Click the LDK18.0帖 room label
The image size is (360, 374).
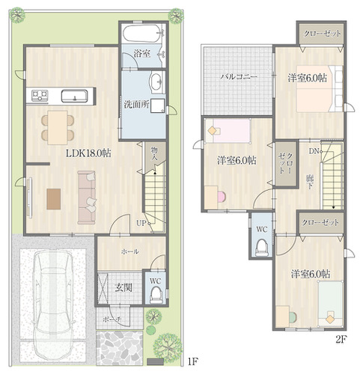pyautogui.click(x=88, y=153)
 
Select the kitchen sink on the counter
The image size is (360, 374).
pyautogui.click(x=75, y=96)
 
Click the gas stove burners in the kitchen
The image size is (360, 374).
pyautogui.click(x=40, y=96)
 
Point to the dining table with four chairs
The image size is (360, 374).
pyautogui.click(x=58, y=127)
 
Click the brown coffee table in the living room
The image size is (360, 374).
pyautogui.click(x=54, y=199)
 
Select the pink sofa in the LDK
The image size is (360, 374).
pyautogui.click(x=87, y=197)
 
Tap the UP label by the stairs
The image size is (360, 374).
pyautogui.click(x=141, y=223)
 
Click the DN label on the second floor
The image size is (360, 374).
pyautogui.click(x=314, y=151)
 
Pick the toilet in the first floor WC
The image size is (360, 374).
pyautogui.click(x=156, y=295)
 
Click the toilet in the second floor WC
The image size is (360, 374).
pyautogui.click(x=261, y=248)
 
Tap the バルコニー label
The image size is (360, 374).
pyautogui.click(x=238, y=76)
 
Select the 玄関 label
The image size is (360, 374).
pyautogui.click(x=123, y=288)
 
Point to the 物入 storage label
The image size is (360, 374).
pyautogui.click(x=155, y=154)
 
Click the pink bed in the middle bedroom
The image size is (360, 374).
pyautogui.click(x=228, y=131)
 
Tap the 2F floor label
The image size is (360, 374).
pyautogui.click(x=341, y=340)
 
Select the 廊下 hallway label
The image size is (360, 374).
pyautogui.click(x=310, y=182)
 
